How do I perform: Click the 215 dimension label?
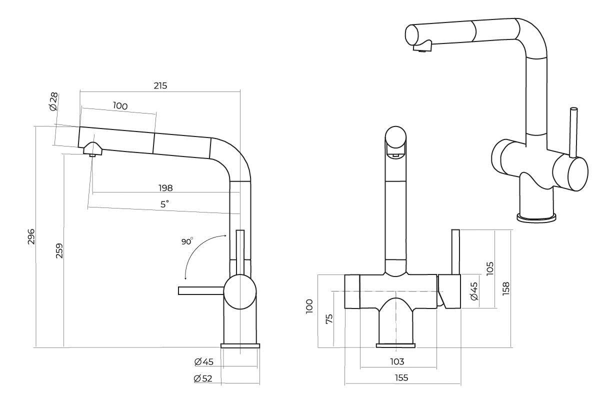coord(160,85)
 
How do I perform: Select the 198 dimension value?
coord(165,188)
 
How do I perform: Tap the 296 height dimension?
coord(31,236)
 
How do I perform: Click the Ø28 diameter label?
coord(53,101)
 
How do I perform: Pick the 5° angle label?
coord(164,204)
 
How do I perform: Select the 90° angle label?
coord(187,241)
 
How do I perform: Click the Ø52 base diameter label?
coord(203,378)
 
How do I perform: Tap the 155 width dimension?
coord(401,377)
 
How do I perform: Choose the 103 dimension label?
coord(397,361)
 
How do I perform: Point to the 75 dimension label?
coord(329,318)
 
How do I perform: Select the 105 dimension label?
coord(489,268)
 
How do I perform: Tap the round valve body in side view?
coord(240,292)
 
